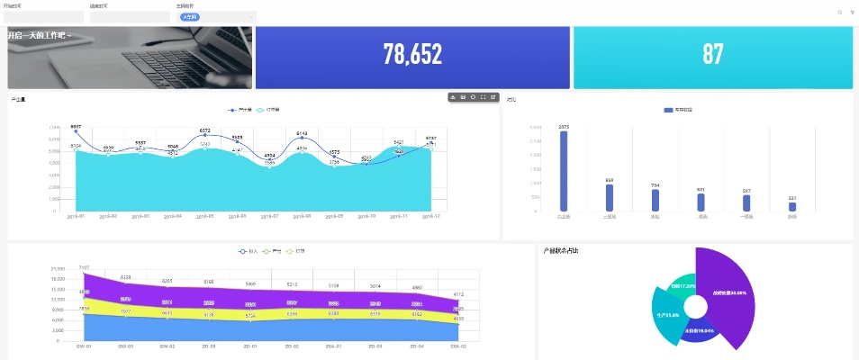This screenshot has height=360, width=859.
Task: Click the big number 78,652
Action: pos(412,55)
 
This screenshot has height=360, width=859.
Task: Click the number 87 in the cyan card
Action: pos(712,55)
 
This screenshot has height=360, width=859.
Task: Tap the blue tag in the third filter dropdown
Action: pos(190,17)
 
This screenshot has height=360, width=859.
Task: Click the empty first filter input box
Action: pos(43,17)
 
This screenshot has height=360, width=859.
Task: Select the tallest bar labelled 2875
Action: pos(564,171)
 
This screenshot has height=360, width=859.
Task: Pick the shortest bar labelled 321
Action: pos(792,207)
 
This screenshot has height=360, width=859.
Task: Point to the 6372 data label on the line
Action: pos(205,130)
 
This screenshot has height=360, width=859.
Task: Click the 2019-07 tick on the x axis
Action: pos(269,217)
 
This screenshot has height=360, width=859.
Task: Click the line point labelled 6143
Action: pos(303,138)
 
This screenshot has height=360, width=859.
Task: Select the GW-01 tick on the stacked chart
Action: pos(84,346)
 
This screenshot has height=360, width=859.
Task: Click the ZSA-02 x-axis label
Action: pos(458,346)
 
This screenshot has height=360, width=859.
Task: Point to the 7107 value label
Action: pos(84,267)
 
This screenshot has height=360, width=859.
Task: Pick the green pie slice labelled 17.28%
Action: pos(683,286)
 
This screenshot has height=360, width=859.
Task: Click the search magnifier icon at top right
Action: pos(840,13)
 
